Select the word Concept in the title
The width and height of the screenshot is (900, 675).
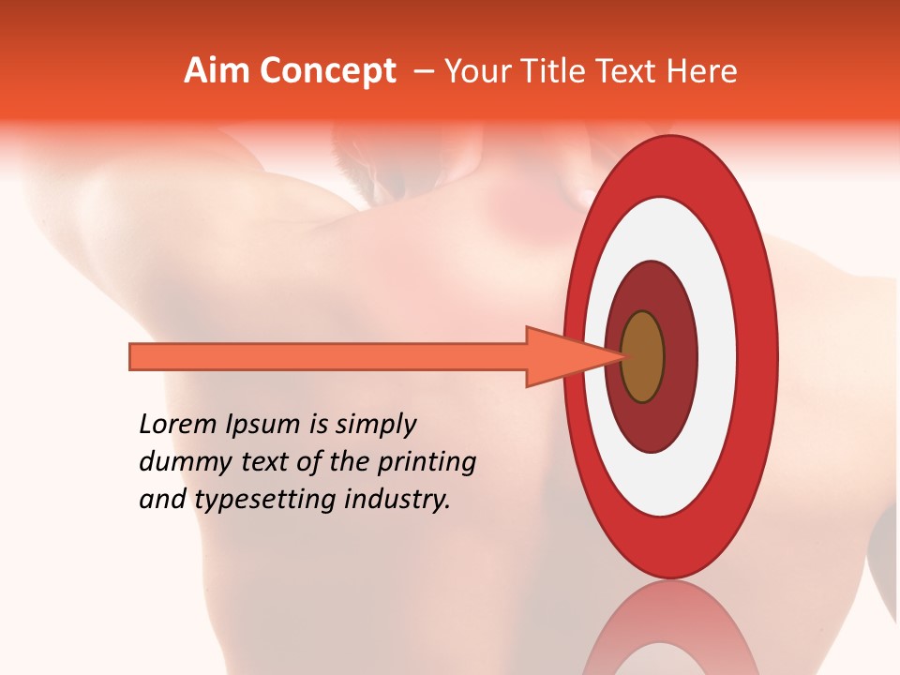[x=327, y=71]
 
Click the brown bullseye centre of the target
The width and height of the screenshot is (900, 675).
[x=643, y=356]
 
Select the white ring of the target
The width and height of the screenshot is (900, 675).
[x=716, y=356]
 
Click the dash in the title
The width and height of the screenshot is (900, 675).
[x=423, y=71]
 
